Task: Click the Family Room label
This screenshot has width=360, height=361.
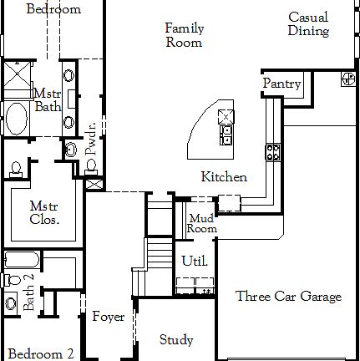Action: point(184,35)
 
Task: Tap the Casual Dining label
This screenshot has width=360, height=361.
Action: point(308,24)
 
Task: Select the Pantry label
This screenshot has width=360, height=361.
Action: point(281,84)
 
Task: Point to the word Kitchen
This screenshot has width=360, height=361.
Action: point(224,177)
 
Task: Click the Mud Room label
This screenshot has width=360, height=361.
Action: point(201,223)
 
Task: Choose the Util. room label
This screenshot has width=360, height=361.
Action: point(195,262)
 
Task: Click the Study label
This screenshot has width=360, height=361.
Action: point(176,340)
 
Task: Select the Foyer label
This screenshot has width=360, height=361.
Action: point(108,317)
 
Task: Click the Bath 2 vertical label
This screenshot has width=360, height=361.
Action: point(28,292)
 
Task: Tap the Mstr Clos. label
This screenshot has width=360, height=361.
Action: point(43,213)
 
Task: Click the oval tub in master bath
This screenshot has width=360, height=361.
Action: point(17,119)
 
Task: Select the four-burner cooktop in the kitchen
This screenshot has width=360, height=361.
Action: point(272,151)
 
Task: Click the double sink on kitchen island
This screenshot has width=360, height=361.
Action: point(226,124)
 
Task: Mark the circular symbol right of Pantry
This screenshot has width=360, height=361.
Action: point(347,79)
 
